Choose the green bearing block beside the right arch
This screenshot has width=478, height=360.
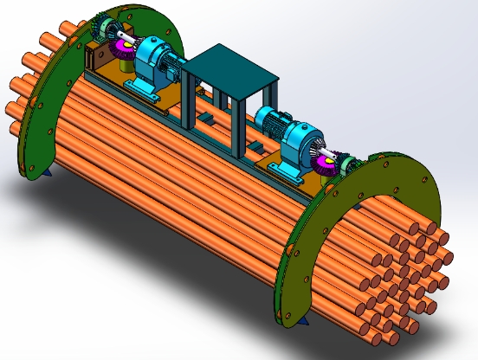coord(348,164)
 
